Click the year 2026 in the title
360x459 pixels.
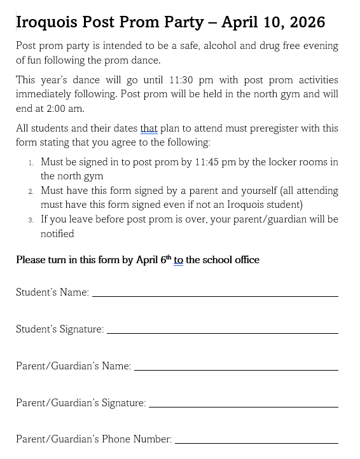(307, 22)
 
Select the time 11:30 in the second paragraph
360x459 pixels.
(183, 80)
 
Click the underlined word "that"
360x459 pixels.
(149, 128)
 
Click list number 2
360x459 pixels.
(31, 191)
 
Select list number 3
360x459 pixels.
(31, 220)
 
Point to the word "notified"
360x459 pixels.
(57, 234)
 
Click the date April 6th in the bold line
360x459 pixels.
(153, 260)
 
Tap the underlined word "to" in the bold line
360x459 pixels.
(178, 260)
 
